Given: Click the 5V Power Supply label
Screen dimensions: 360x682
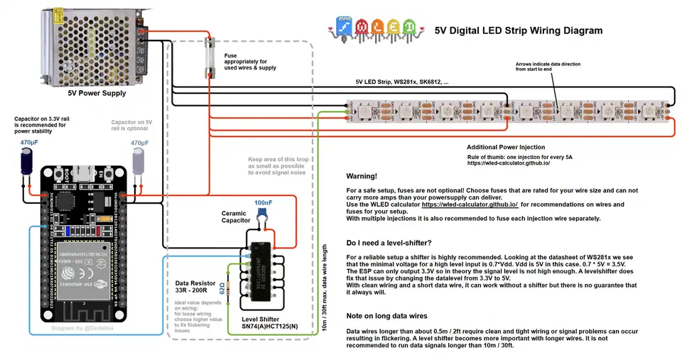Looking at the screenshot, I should tap(97, 93).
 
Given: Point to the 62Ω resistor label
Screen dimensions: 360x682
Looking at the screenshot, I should tap(222, 291).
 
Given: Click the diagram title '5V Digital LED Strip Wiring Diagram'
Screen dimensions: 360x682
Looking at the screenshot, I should tap(518, 31).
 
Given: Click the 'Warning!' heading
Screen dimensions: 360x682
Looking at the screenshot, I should tap(362, 176).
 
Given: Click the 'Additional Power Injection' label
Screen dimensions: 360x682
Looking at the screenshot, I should tap(506, 147).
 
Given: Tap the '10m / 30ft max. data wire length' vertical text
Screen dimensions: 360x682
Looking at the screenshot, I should tap(325, 283).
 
